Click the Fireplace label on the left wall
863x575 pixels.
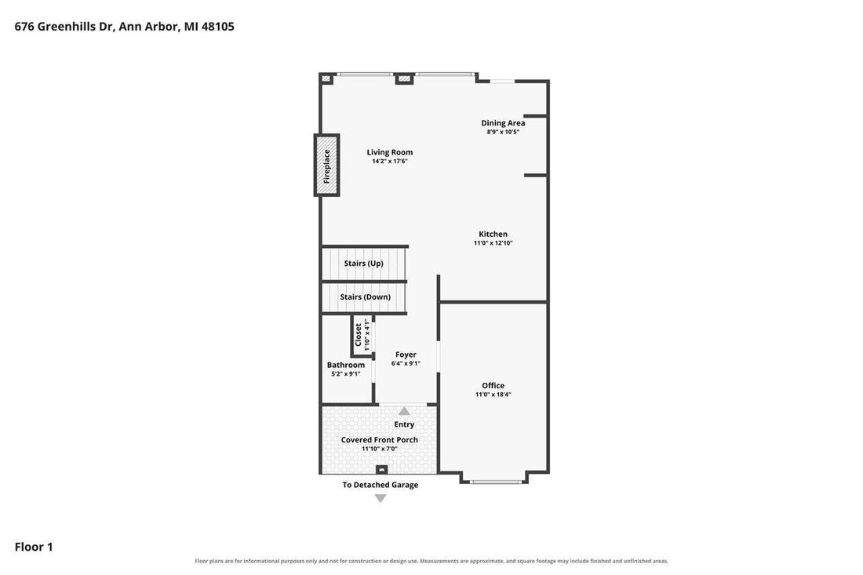pyautogui.click(x=326, y=166)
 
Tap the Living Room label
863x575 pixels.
pyautogui.click(x=390, y=152)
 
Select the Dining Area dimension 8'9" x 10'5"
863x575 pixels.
pyautogui.click(x=503, y=132)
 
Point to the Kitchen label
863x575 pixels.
pyautogui.click(x=493, y=234)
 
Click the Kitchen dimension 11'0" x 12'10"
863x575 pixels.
pyautogui.click(x=493, y=242)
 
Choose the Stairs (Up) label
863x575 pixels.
pyautogui.click(x=364, y=264)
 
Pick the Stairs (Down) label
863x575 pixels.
pyautogui.click(x=366, y=297)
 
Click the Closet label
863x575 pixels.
pyautogui.click(x=359, y=334)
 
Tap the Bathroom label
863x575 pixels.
pyautogui.click(x=346, y=365)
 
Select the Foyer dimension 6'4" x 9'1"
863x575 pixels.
pyautogui.click(x=406, y=363)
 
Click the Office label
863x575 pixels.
pyautogui.click(x=493, y=386)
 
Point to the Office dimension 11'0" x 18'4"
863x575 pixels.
pyautogui.click(x=493, y=395)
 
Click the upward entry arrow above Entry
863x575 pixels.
pyautogui.click(x=404, y=411)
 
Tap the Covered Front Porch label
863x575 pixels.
pyautogui.click(x=379, y=439)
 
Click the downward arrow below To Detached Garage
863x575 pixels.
pyautogui.click(x=381, y=499)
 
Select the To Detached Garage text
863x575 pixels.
pyautogui.click(x=381, y=485)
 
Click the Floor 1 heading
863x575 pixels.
pyautogui.click(x=34, y=547)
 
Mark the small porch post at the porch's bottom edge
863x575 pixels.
pyautogui.click(x=381, y=469)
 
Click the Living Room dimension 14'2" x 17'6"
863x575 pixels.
pyautogui.click(x=390, y=162)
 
